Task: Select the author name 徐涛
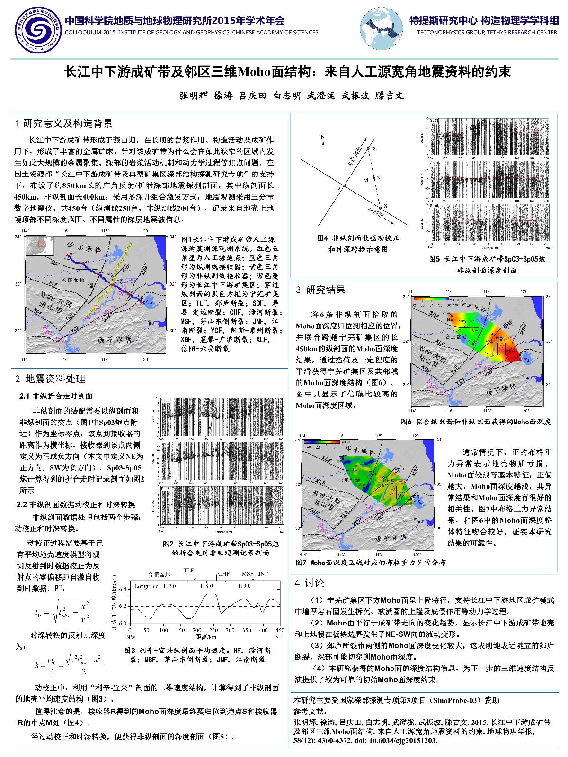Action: [x=223, y=96]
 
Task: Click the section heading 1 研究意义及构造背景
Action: [x=64, y=124]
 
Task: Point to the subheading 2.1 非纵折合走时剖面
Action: [x=56, y=396]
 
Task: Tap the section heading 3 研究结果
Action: [x=320, y=290]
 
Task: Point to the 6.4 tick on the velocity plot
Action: [x=123, y=589]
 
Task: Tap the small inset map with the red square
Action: [x=37, y=246]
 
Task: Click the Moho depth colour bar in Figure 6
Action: [x=430, y=299]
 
